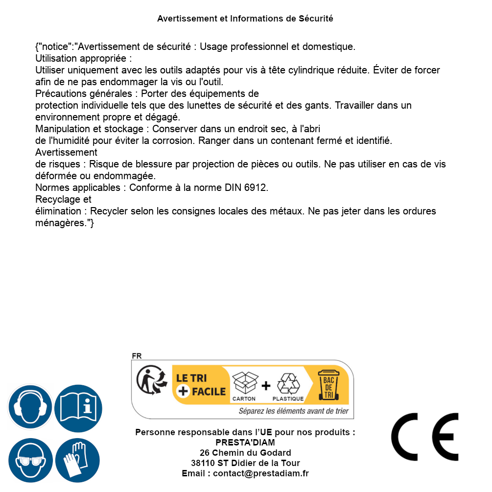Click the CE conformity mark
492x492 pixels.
pyautogui.click(x=425, y=437)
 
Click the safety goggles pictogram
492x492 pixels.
pyautogui.click(x=30, y=460)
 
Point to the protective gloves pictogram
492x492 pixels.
pyautogui.click(x=77, y=460)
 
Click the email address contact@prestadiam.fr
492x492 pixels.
pyautogui.click(x=261, y=473)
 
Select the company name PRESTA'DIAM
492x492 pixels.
pyautogui.click(x=245, y=443)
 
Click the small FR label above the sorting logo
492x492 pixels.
pyautogui.click(x=137, y=356)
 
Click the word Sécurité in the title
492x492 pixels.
pyautogui.click(x=316, y=19)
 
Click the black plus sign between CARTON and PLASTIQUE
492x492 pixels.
pyautogui.click(x=266, y=386)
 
